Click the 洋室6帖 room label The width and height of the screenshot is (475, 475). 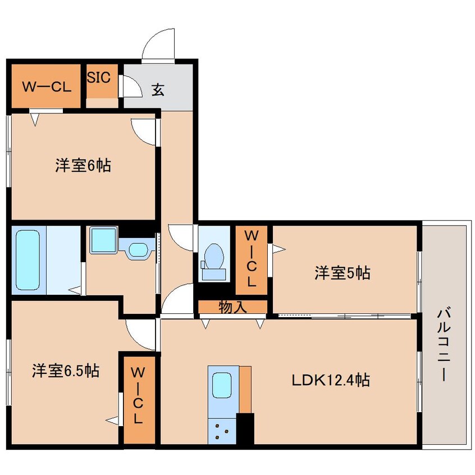(82, 166)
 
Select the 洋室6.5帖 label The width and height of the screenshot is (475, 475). (65, 371)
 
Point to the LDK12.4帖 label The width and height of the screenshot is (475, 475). (330, 381)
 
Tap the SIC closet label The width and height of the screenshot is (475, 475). (102, 76)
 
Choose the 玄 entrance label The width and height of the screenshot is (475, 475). (158, 90)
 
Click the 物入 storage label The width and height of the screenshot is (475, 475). (232, 307)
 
